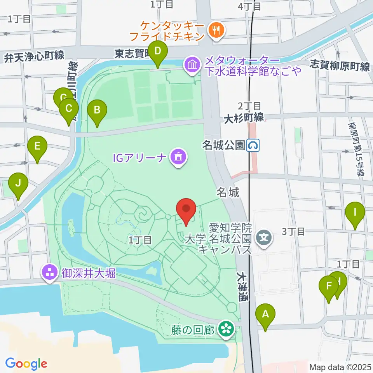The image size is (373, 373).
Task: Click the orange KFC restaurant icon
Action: coord(215,30)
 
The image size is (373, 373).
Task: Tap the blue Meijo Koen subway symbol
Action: coord(254,146)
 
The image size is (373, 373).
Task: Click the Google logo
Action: coord(26,364)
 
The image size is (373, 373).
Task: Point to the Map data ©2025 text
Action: coord(340,367)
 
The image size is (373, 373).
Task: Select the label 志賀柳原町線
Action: coord(340,66)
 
